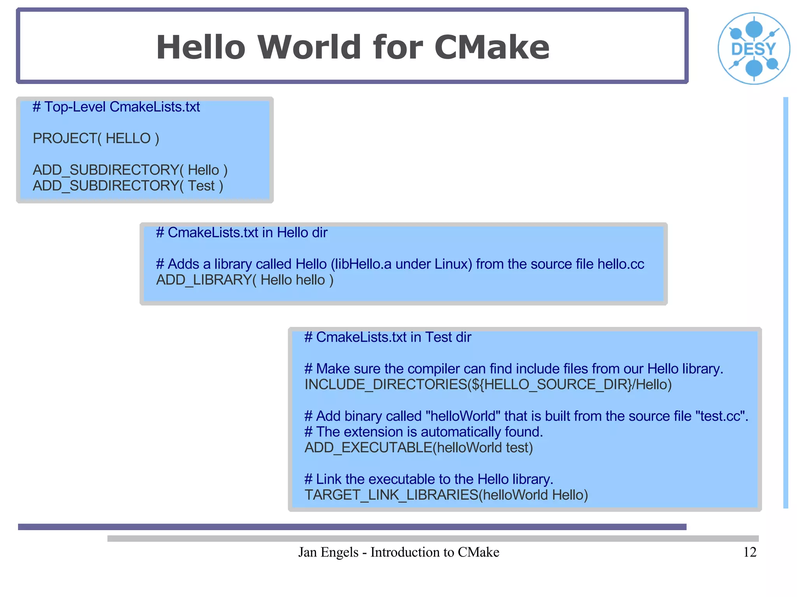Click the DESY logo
point(754,49)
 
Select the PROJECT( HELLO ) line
point(96,138)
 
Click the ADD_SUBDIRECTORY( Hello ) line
point(130,170)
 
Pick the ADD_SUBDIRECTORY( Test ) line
point(128,186)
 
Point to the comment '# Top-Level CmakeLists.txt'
point(116,107)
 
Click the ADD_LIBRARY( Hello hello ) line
point(244,280)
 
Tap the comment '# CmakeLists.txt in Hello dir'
point(241,233)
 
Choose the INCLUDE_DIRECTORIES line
point(488,385)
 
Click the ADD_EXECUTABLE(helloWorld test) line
point(418,448)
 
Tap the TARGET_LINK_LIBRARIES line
point(446,495)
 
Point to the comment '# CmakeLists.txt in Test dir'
point(388,337)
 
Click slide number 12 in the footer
point(750,552)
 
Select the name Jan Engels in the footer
point(328,552)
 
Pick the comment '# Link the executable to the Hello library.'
point(428,479)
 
